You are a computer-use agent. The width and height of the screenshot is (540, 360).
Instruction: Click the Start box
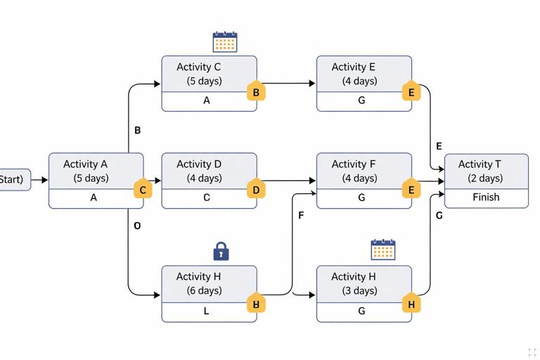(x=13, y=180)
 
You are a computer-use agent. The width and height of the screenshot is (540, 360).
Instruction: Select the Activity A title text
(x=90, y=165)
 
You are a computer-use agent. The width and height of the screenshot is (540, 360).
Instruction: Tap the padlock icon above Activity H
(x=221, y=250)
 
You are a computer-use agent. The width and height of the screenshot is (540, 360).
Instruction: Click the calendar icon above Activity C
(x=225, y=41)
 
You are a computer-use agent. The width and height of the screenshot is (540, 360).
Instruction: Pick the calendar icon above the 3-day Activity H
(x=382, y=250)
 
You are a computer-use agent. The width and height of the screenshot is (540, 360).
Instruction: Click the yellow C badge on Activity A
(x=143, y=190)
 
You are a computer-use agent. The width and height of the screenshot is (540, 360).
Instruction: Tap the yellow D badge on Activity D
(x=256, y=190)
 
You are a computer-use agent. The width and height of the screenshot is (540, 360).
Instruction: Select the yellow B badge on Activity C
(x=256, y=92)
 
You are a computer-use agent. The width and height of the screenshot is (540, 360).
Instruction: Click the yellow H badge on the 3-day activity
(x=411, y=304)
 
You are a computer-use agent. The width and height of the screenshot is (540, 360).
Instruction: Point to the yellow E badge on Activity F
(x=411, y=190)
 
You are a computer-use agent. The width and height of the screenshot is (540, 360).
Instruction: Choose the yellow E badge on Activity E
(x=411, y=92)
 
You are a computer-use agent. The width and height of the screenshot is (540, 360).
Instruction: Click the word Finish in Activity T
(x=486, y=198)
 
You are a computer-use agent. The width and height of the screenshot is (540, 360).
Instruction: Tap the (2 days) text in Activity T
(x=486, y=178)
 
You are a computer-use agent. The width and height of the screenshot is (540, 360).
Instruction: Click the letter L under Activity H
(x=206, y=311)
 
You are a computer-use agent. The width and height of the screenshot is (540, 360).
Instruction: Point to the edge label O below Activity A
(x=137, y=226)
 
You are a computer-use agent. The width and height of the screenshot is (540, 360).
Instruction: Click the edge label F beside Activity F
(x=301, y=215)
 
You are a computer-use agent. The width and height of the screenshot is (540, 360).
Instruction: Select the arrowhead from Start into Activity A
(x=44, y=180)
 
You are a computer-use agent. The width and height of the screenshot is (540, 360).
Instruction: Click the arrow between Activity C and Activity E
(x=288, y=83)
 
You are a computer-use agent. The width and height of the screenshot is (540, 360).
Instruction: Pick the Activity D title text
(x=199, y=165)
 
